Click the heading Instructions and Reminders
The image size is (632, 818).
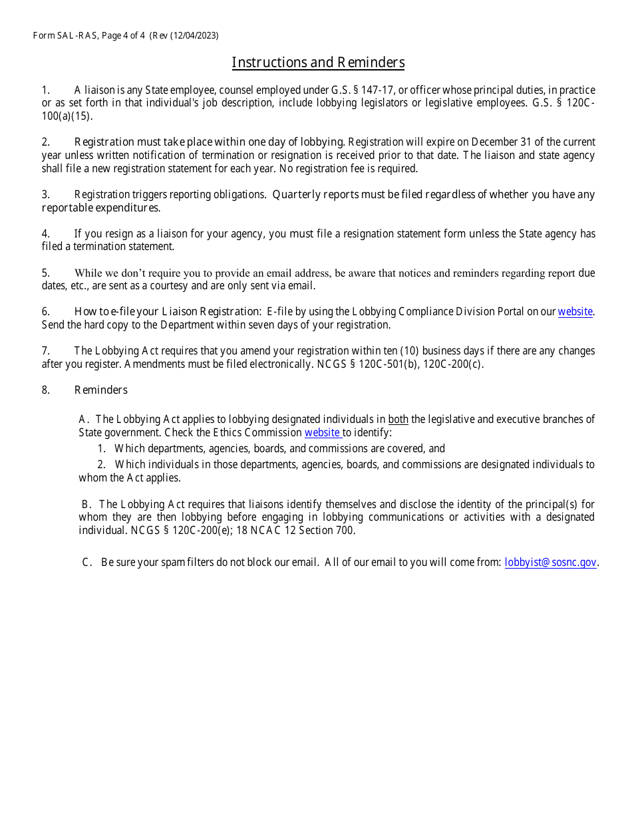[x=318, y=63]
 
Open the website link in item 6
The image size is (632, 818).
[x=575, y=312]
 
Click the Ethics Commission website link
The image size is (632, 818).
[x=323, y=433]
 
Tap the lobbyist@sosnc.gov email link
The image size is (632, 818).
[x=550, y=563]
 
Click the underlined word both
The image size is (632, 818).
[x=398, y=420]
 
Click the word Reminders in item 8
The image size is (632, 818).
[x=100, y=390]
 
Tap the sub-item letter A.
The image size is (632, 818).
[x=82, y=420]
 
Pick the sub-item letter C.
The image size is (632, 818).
[x=86, y=563]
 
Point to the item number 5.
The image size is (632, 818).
[x=45, y=273]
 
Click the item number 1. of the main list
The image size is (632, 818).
[x=45, y=90]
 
